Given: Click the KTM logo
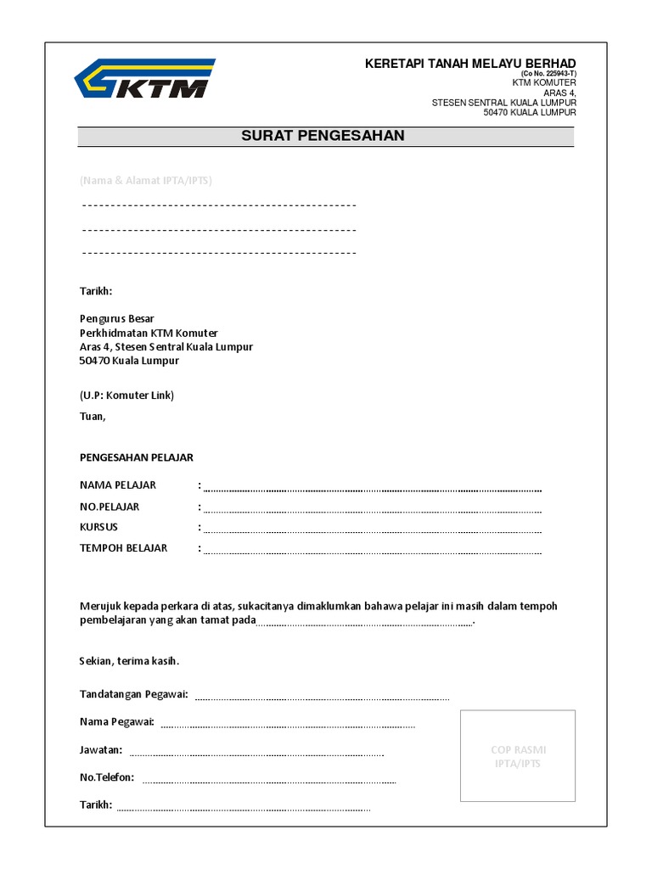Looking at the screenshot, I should tap(144, 80).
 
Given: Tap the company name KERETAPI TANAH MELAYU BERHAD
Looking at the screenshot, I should tap(469, 64).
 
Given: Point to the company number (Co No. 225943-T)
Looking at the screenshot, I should tap(542, 74).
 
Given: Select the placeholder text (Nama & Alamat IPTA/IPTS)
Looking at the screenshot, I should tap(146, 181).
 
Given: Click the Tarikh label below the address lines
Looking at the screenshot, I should tap(96, 291).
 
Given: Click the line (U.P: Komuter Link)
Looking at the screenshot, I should tap(126, 395).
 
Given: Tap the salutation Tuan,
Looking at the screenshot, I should tap(93, 416).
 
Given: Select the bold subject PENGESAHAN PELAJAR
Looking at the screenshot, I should tap(137, 457).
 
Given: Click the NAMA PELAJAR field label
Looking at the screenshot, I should tap(118, 485).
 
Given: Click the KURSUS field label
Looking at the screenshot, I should tap(98, 527).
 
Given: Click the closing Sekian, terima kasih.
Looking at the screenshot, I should tap(130, 660).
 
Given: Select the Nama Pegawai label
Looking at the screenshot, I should tap(116, 721).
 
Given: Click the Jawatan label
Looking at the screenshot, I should tap(101, 749).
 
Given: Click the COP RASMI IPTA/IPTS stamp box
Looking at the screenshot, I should tap(518, 756).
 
